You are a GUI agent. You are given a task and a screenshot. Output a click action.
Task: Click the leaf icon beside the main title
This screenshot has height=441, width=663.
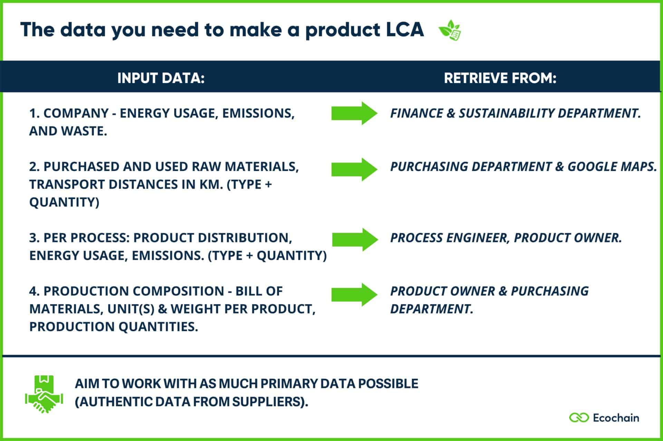click(x=450, y=30)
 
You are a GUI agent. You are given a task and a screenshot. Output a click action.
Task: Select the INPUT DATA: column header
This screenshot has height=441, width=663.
click(x=161, y=78)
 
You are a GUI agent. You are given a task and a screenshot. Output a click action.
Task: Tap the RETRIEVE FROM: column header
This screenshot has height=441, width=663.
click(x=500, y=78)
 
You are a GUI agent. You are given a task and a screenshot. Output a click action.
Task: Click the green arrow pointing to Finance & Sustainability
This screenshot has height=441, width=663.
click(x=354, y=113)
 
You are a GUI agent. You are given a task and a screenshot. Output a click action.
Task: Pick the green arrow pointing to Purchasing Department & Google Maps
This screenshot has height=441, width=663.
click(x=354, y=169)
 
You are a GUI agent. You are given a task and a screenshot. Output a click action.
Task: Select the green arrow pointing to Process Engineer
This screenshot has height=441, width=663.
click(x=355, y=239)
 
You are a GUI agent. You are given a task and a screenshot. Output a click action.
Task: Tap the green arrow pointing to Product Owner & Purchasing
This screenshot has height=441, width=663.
click(x=354, y=295)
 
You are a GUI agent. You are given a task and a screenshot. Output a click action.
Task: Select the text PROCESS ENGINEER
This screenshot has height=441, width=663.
click(x=449, y=238)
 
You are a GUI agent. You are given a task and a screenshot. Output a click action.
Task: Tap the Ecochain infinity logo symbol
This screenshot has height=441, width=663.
click(x=579, y=417)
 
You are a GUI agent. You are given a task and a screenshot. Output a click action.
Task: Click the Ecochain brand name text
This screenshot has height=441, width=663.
click(x=616, y=418)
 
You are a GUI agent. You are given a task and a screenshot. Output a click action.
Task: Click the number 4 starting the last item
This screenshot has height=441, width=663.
click(x=33, y=291)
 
